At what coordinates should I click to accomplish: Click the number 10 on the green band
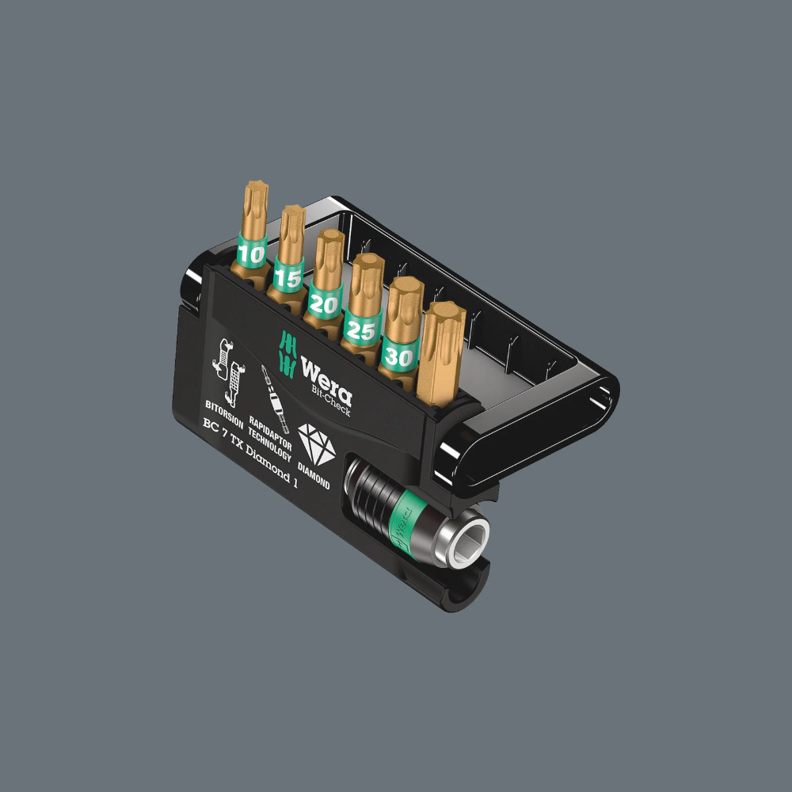[x=252, y=254]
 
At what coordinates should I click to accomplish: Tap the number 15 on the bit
[x=287, y=278]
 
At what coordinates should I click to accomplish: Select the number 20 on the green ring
[x=325, y=303]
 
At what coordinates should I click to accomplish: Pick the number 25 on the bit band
[x=361, y=329]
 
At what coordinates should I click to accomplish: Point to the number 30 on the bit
[x=399, y=357]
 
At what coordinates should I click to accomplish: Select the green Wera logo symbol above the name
[x=285, y=348]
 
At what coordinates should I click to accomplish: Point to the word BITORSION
[x=224, y=409]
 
